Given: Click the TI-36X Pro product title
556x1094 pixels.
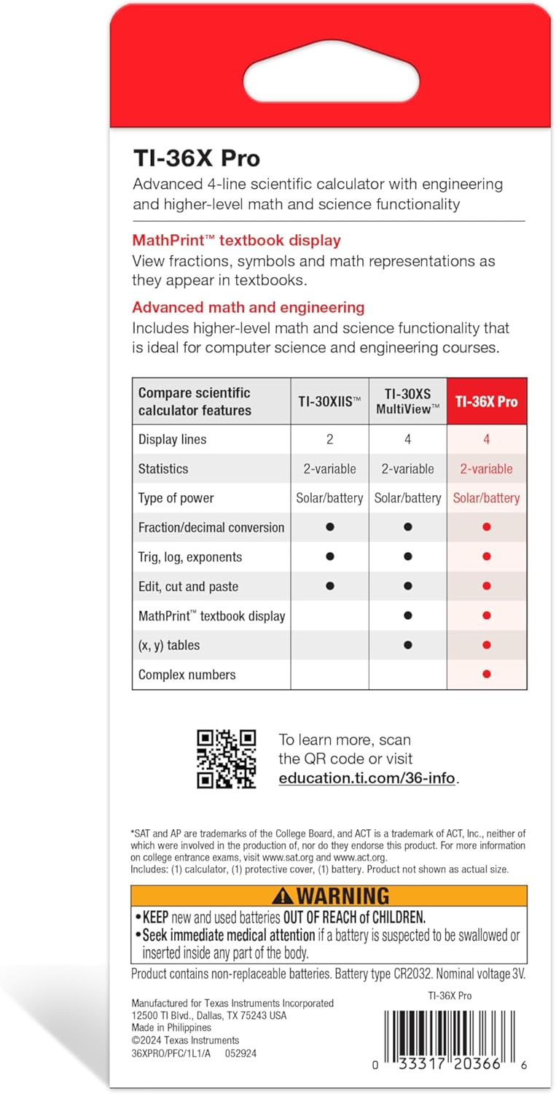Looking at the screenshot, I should pyautogui.click(x=196, y=158).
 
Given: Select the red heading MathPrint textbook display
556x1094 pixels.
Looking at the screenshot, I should pyautogui.click(x=236, y=240).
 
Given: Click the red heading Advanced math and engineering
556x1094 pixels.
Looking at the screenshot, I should pyautogui.click(x=248, y=307).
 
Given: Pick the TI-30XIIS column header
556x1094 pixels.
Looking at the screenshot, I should pyautogui.click(x=329, y=401).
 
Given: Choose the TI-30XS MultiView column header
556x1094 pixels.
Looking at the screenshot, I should pyautogui.click(x=407, y=401).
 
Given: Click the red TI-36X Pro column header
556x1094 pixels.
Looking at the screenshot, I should pyautogui.click(x=487, y=401).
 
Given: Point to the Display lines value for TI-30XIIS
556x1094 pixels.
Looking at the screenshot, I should pyautogui.click(x=329, y=439).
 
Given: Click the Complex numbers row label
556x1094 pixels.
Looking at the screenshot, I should pyautogui.click(x=187, y=675).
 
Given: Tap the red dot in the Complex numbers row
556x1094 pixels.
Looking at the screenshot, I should pyautogui.click(x=487, y=675).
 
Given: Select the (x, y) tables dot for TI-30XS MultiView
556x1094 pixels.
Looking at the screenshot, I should pyautogui.click(x=407, y=645).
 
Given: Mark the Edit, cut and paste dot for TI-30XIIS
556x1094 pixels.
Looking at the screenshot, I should pyautogui.click(x=329, y=586).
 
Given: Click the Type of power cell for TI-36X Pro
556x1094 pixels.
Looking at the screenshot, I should pyautogui.click(x=487, y=498).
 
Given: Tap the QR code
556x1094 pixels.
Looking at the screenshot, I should pyautogui.click(x=227, y=759).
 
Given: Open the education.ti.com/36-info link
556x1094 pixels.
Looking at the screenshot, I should pyautogui.click(x=367, y=778).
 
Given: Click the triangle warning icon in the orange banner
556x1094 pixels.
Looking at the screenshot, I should pyautogui.click(x=283, y=896).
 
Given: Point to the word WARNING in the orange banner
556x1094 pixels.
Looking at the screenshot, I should pyautogui.click(x=342, y=896).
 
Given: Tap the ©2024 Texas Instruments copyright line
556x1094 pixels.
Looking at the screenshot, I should pyautogui.click(x=185, y=1040).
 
